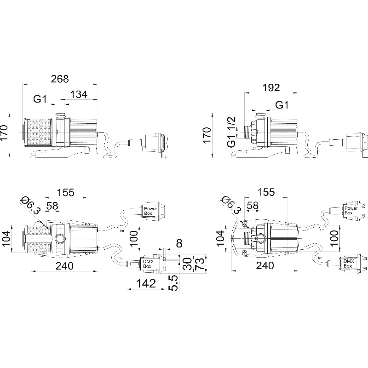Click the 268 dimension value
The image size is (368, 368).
[x=60, y=79]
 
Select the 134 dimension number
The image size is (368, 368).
[x=79, y=94]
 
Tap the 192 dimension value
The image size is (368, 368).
[x=271, y=88]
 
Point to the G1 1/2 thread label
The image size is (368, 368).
[x=231, y=132]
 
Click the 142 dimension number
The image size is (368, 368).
[x=146, y=283]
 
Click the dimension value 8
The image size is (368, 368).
[x=179, y=243]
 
